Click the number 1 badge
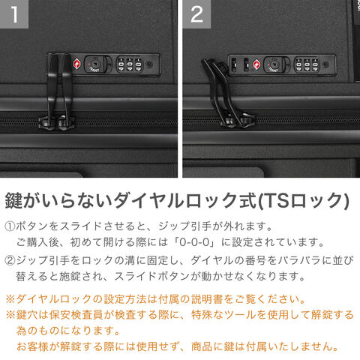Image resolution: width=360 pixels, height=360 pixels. [x=14, y=14]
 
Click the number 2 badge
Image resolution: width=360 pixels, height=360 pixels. [x=196, y=14]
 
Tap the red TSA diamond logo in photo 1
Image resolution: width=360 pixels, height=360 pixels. [x=77, y=64]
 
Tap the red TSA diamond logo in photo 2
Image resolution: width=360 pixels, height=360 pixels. [x=256, y=64]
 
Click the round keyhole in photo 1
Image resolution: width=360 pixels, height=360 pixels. [x=95, y=64]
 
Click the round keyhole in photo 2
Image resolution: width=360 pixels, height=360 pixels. [x=274, y=64]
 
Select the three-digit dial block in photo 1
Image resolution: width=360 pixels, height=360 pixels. [x=130, y=64]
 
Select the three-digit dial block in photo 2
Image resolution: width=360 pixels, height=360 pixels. [x=307, y=65]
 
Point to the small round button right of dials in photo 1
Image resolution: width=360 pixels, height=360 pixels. [x=149, y=64]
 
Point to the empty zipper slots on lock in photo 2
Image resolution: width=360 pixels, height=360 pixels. [x=240, y=64]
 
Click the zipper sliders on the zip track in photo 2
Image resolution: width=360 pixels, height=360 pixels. [x=238, y=121]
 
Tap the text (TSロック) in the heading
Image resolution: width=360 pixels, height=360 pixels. [x=303, y=201]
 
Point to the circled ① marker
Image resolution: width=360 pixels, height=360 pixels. [x=10, y=226]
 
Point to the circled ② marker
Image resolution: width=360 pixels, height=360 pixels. [x=10, y=260]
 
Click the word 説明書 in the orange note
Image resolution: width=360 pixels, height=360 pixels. [x=207, y=299]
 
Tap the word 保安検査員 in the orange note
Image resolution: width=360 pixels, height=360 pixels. [x=76, y=315]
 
